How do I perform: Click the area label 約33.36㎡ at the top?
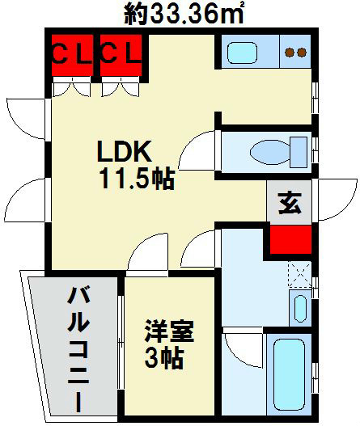(x=184, y=14)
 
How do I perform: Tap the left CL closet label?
(x=72, y=55)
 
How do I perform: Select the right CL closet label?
(x=121, y=55)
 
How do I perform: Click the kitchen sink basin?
(x=242, y=53)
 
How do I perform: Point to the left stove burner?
(x=290, y=53)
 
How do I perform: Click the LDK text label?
(x=125, y=151)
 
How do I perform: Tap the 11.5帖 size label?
(x=137, y=179)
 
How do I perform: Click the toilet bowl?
(x=269, y=152)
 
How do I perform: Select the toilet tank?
(x=299, y=152)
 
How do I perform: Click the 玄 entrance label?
(x=290, y=203)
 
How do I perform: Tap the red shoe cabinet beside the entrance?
(x=290, y=239)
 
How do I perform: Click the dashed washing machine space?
(x=299, y=274)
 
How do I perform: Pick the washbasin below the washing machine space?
(x=300, y=308)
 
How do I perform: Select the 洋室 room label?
(x=169, y=331)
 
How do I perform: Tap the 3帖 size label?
(x=163, y=358)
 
